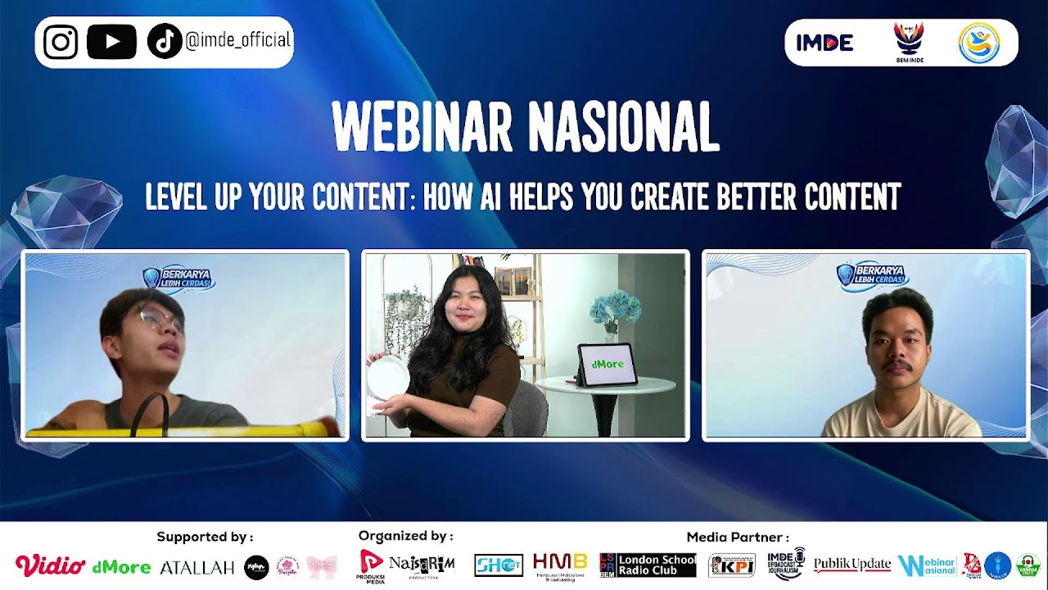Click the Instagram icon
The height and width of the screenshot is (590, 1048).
(61, 42)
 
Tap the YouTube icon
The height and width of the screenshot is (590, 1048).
(111, 42)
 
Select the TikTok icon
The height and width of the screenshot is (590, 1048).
(164, 42)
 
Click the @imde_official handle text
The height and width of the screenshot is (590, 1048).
(238, 40)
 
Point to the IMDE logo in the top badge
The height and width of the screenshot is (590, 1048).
(824, 43)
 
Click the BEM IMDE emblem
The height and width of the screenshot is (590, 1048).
(909, 41)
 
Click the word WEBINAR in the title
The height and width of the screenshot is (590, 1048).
(422, 127)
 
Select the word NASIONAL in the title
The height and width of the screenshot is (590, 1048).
(623, 127)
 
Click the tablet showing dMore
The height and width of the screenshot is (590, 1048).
(607, 364)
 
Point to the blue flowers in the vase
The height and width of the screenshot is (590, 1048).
(616, 310)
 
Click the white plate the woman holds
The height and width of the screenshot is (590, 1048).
(387, 377)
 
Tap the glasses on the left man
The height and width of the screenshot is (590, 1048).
(160, 317)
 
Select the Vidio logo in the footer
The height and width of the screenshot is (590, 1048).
(50, 565)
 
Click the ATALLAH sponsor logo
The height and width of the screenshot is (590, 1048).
(196, 567)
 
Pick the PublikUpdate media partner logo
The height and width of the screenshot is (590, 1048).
(851, 565)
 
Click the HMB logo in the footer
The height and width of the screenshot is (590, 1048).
(560, 565)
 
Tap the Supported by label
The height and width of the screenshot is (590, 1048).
(205, 538)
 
